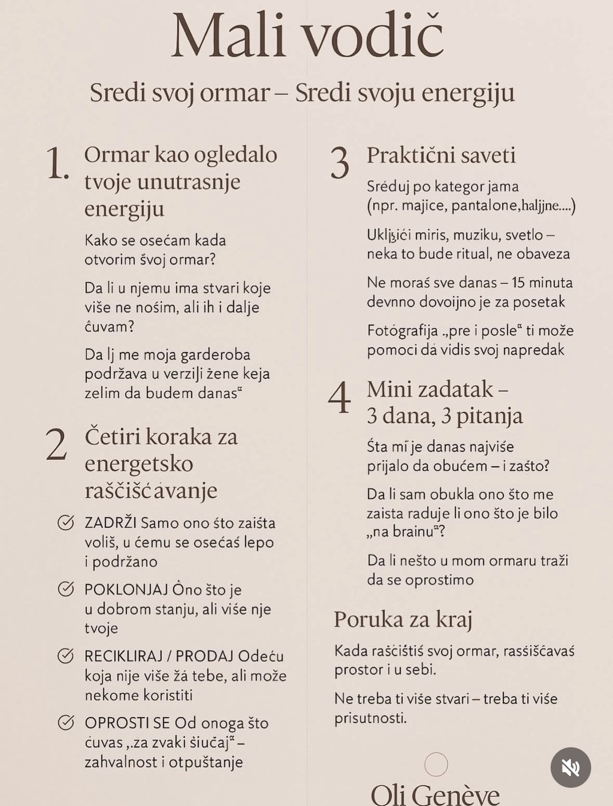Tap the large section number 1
coord(57,164)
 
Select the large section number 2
coord(56,445)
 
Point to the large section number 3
coord(340,164)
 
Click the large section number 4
coord(340,398)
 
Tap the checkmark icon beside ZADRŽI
coord(66,522)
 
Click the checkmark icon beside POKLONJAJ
coord(66,589)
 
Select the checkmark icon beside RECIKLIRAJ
coord(66,656)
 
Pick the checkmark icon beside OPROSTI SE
coord(66,722)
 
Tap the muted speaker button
coord(570,767)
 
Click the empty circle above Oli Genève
coord(436,764)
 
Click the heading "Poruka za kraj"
coord(403,619)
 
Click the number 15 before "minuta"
coord(518,283)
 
